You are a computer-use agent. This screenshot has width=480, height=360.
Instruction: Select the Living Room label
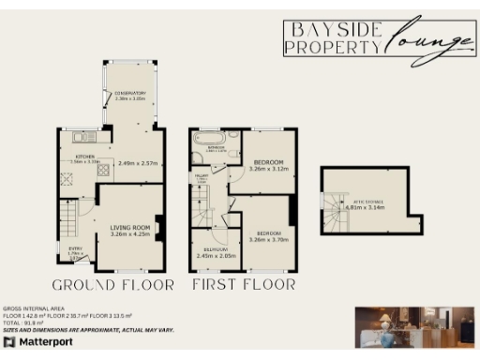point(131,230)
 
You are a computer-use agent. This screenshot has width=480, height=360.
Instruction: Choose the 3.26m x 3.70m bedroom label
point(269,235)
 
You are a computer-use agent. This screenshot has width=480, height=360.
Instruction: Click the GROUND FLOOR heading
point(113,284)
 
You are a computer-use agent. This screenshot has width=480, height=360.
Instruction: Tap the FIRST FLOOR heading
point(244,284)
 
